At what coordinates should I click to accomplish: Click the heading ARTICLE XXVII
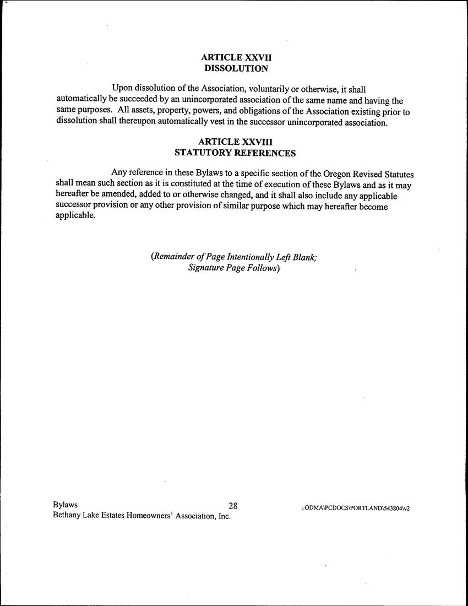[236, 57]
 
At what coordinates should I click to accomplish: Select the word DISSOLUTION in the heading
[236, 69]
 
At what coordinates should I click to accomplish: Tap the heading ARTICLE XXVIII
[236, 142]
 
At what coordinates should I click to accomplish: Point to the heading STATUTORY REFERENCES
[235, 153]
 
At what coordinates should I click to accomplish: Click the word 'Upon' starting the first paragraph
[122, 88]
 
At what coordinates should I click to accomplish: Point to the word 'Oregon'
[330, 172]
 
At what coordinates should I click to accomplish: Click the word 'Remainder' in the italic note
[173, 257]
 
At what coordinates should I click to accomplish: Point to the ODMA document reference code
[355, 508]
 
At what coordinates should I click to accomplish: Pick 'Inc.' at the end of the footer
[223, 516]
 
